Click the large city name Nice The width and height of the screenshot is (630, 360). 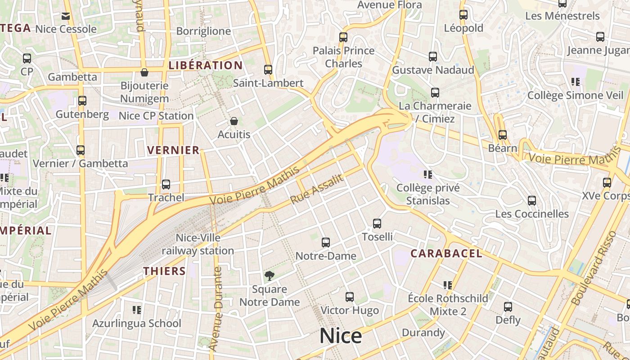341,336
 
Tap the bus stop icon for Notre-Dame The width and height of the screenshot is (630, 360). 326,243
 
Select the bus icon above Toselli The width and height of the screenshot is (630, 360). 377,223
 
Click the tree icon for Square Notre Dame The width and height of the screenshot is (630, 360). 269,275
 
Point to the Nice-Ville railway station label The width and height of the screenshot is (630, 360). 198,244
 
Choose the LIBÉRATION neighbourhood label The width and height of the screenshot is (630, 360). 206,65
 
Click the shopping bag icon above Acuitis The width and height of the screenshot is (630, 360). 234,121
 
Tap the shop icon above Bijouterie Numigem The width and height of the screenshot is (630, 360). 144,72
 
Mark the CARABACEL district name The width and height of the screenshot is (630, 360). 446,253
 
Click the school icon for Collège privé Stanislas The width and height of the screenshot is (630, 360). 427,174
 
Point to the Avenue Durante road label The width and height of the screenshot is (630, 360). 217,309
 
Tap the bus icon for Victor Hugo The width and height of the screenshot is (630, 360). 350,297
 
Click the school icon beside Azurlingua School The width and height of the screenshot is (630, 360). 137,310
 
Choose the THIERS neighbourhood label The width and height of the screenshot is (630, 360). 165,271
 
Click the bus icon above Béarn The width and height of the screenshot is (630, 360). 503,135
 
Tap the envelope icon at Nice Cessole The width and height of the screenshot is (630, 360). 66,16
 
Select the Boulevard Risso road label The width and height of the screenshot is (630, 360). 593,274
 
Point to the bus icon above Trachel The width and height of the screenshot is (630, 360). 166,184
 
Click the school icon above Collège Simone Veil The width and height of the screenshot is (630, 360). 576,82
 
